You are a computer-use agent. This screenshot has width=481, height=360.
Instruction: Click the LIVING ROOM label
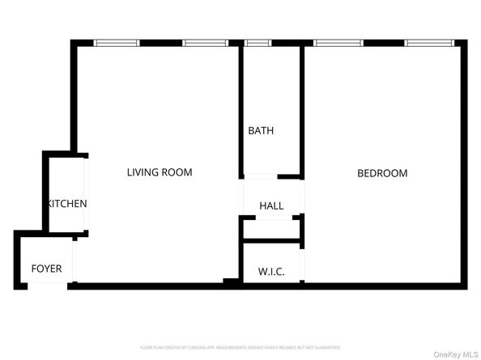point(160,172)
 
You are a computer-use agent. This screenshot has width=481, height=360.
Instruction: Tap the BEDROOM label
point(382,173)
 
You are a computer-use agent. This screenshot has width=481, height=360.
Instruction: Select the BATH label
point(261,130)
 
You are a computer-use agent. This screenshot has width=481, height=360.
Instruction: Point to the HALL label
point(271,205)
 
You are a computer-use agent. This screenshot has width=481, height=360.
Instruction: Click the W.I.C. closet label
point(270,271)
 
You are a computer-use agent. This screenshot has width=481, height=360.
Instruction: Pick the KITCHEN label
point(67,204)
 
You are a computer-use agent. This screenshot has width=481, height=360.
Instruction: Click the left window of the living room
point(117,43)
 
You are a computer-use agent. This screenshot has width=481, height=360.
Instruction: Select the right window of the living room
point(202,43)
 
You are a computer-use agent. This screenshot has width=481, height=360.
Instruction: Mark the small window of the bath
point(258,43)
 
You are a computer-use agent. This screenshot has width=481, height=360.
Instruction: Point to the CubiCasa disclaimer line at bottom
point(240,347)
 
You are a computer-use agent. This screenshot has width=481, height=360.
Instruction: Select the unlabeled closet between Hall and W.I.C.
point(272,230)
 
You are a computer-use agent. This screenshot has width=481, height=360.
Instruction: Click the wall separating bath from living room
point(240,109)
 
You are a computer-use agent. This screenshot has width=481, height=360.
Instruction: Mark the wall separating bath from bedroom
point(303,109)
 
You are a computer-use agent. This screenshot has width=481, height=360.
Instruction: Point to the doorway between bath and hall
point(260,176)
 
